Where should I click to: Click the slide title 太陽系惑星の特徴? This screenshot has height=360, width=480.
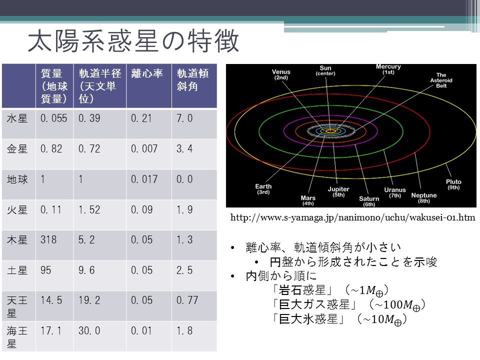coord(133,41)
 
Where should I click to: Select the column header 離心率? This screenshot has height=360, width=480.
coord(147,74)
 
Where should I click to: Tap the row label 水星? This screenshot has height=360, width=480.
coord(17,118)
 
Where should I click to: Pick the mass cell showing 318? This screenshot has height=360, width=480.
coord(48,239)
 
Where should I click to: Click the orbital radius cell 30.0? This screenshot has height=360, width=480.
coord(89,331)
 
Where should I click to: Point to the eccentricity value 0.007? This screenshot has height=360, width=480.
coord(144,149)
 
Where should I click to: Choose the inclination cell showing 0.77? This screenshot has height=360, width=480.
coord(187,300)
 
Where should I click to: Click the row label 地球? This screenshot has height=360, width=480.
coord(17,179)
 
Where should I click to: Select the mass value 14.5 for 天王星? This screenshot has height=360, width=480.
coord(51,300)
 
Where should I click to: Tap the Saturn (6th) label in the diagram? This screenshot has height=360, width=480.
coord(369,201)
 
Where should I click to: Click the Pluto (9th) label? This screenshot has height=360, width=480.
coord(453,184)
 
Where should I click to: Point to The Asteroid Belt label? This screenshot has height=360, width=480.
coord(441,80)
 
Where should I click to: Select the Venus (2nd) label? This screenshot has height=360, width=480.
coord(281,74)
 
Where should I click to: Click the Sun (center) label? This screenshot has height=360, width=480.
coord(325,70)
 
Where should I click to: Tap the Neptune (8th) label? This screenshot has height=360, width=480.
coord(424,198)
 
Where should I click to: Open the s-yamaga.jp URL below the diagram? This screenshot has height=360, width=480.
coord(352,217)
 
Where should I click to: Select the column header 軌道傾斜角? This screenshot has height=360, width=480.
coord(192,80)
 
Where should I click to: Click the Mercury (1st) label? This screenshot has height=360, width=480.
coord(388,69)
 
